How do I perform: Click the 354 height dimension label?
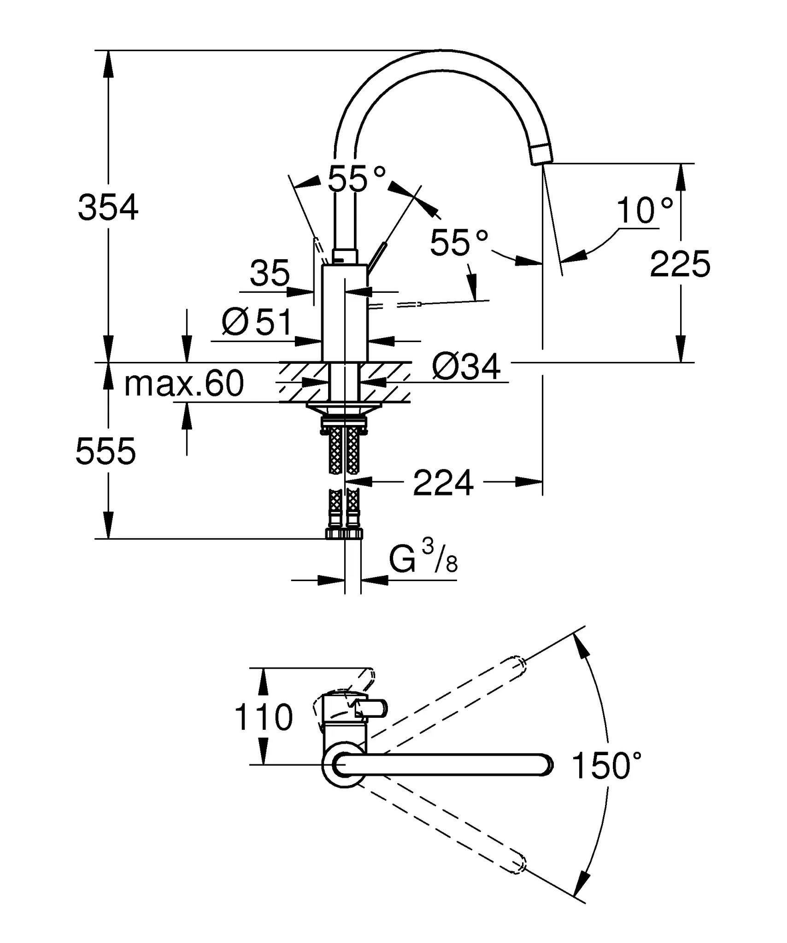(x=108, y=208)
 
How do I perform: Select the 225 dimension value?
(x=680, y=265)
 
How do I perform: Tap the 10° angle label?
(x=644, y=210)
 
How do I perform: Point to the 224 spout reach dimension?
(x=443, y=483)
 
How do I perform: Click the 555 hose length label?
(x=106, y=452)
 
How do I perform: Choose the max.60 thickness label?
(x=184, y=384)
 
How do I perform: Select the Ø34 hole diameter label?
(x=466, y=367)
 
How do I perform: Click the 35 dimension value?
(x=270, y=273)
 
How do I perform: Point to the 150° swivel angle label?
(x=606, y=766)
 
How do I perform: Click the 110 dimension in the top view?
(x=263, y=717)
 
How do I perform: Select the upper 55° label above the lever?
(x=356, y=179)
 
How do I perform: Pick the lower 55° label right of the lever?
(x=458, y=243)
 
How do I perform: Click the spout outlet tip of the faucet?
(x=541, y=154)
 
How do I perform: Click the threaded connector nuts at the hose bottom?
(x=344, y=534)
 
